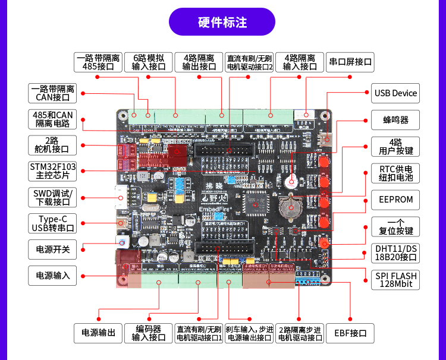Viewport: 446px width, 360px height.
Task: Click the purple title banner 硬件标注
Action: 222,22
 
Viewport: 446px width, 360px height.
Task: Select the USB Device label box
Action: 395,93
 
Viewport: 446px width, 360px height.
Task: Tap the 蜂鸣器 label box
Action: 395,119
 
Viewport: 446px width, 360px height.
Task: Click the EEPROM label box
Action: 395,200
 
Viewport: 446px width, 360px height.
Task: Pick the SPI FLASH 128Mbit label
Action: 395,280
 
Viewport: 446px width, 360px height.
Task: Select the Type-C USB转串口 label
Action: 52,223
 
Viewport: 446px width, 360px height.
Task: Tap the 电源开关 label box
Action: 52,249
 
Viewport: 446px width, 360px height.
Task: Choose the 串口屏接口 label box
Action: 350,62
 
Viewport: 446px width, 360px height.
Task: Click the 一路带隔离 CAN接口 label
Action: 52,93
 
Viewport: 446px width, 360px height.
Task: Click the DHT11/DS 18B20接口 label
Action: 395,253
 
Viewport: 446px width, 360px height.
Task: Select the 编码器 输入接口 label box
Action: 149,333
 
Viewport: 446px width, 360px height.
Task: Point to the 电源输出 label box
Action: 98,333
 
